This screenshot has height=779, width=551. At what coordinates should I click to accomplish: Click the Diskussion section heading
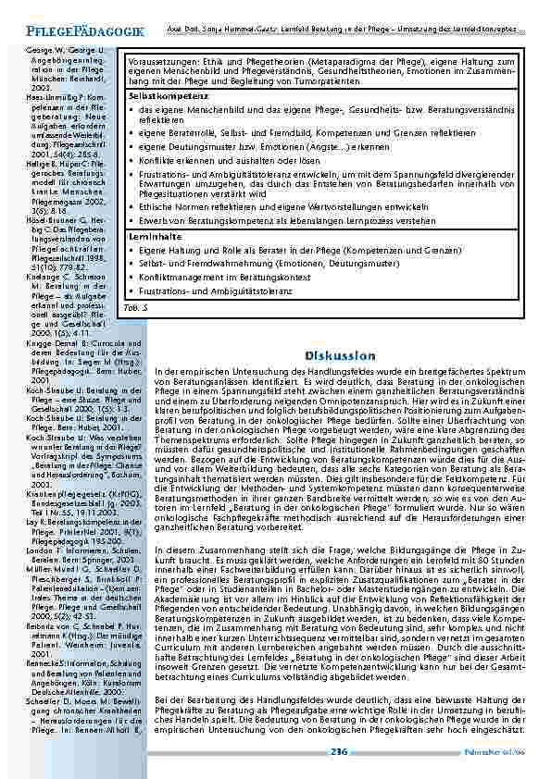(338, 355)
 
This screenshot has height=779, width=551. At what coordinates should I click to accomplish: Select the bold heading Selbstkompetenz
(162, 95)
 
